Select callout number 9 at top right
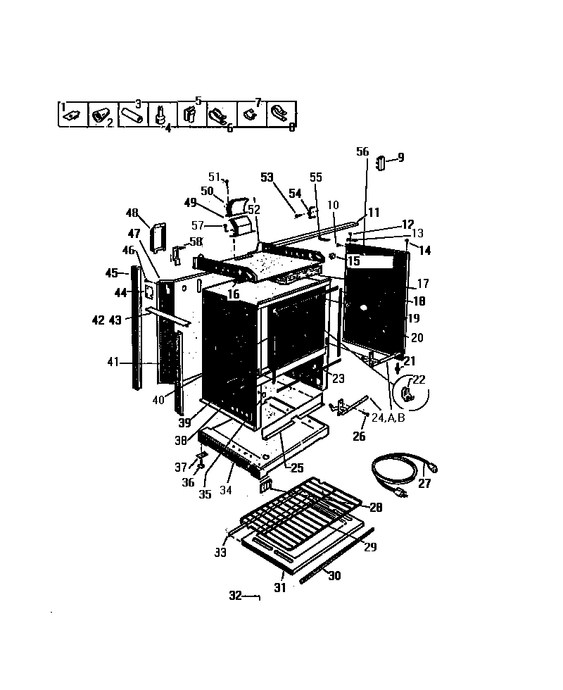click(400, 158)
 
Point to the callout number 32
click(235, 596)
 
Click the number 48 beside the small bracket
click(132, 213)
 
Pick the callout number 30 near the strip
click(334, 575)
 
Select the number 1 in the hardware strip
click(63, 107)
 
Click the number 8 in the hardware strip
click(291, 127)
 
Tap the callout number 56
click(362, 151)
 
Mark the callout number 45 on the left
click(112, 272)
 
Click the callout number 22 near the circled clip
click(419, 379)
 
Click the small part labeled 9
click(380, 163)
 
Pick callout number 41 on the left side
click(113, 363)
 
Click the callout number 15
click(353, 261)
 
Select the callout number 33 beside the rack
click(221, 553)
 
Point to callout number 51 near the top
click(214, 177)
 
